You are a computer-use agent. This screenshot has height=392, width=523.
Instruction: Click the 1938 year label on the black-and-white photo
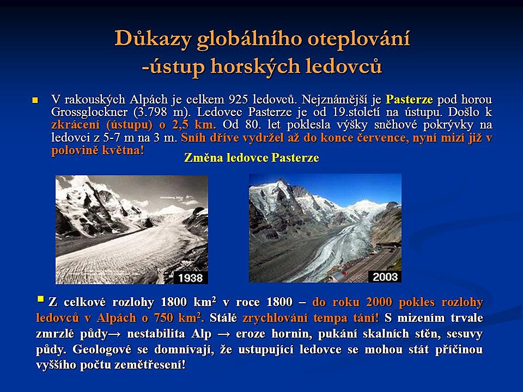(191, 278)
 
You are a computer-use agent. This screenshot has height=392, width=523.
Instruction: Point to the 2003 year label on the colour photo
(385, 277)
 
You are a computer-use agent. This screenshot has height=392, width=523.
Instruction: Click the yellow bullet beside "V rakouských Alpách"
(35, 100)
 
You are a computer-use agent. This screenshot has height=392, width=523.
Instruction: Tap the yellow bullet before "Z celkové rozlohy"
(41, 298)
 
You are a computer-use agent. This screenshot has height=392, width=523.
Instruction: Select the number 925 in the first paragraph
(239, 99)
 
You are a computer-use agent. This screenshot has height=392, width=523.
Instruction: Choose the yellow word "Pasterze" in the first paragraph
(409, 99)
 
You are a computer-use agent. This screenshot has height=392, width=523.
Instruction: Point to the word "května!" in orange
(123, 150)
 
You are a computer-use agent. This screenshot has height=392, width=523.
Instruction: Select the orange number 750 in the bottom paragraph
(163, 317)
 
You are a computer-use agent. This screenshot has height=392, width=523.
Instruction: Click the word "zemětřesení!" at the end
(150, 365)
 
